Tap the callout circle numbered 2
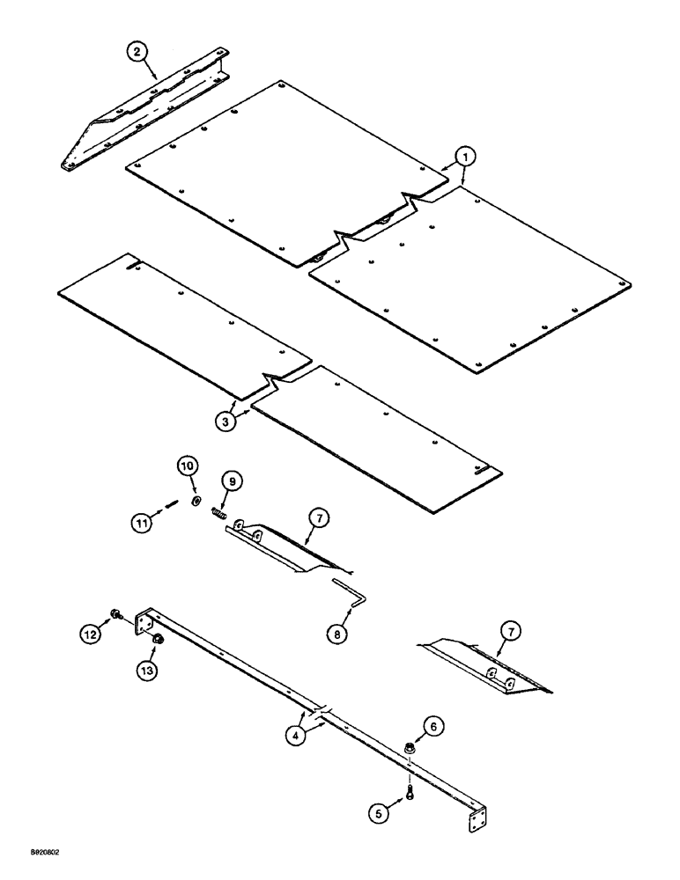coord(137,52)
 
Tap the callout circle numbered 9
coord(232,480)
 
